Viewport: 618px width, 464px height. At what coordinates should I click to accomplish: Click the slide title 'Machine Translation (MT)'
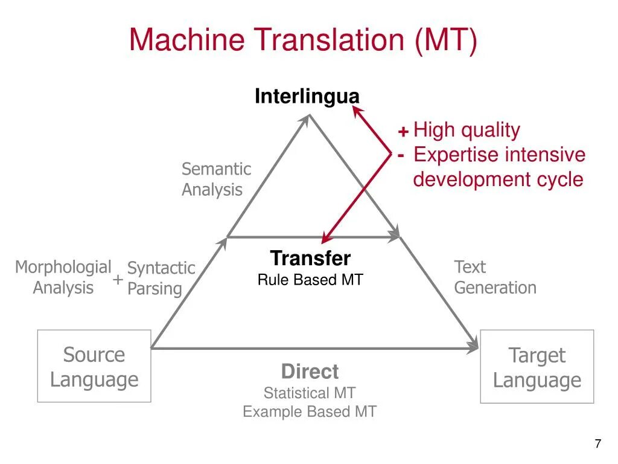[303, 40]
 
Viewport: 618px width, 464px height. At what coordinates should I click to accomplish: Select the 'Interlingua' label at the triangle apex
[307, 96]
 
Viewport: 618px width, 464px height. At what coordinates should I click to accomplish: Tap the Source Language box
[94, 367]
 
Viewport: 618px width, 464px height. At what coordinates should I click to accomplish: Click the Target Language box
[537, 367]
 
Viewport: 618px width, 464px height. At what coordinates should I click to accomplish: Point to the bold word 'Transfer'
[310, 259]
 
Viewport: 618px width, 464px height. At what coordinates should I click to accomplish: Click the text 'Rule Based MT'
[310, 280]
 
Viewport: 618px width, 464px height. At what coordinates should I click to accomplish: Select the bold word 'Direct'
[310, 371]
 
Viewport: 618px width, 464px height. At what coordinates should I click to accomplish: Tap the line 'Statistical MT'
[310, 393]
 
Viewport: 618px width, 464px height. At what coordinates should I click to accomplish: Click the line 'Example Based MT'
[310, 412]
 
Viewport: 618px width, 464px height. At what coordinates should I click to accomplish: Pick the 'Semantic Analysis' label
[216, 179]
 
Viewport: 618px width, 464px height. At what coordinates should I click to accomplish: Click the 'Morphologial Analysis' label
[63, 277]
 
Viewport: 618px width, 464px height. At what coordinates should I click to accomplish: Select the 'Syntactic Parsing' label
[161, 278]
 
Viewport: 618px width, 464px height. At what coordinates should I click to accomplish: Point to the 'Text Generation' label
[495, 277]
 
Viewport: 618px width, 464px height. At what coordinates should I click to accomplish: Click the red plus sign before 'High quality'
[403, 132]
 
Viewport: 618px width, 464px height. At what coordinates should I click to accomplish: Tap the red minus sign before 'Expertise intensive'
[401, 155]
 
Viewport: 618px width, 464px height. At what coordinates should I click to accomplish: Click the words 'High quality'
[467, 130]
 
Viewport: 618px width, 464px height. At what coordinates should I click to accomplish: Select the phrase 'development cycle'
[498, 179]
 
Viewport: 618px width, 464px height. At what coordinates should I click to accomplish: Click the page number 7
[597, 444]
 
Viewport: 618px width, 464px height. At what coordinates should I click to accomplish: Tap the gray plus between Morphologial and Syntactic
[118, 280]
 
